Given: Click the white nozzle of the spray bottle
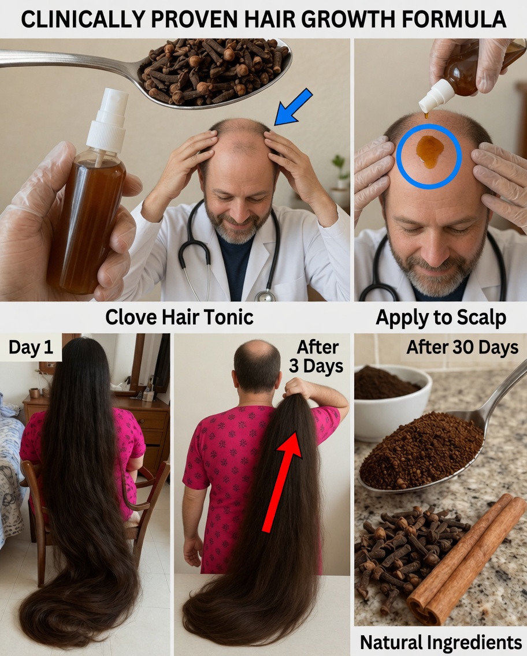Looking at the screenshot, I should (107, 118).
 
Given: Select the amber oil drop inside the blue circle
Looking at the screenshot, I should (429, 151).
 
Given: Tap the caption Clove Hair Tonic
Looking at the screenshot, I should (179, 317).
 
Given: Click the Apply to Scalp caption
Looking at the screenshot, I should (441, 317).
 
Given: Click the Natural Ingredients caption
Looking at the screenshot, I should (441, 642).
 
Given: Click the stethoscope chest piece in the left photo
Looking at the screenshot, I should (265, 295).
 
